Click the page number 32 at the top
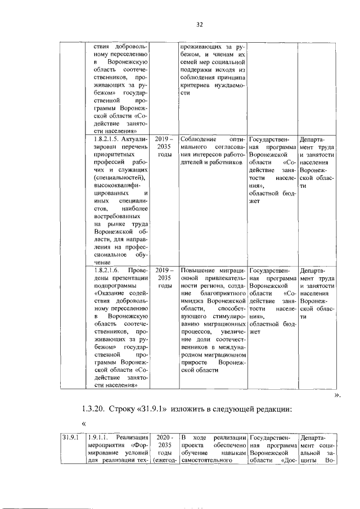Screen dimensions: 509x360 [x=199, y=24]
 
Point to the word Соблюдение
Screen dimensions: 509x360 [x=197, y=138]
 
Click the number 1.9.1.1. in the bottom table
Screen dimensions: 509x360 [x=100, y=436]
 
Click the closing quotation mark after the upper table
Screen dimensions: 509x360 [x=337, y=395]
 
